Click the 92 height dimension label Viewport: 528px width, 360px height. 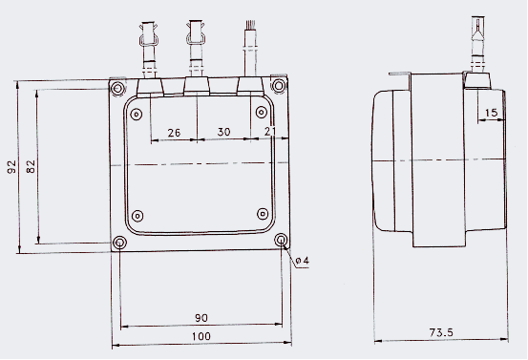[11, 167]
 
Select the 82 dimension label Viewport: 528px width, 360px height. [31, 166]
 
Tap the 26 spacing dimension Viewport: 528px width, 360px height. [174, 133]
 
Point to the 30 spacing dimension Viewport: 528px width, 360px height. [224, 132]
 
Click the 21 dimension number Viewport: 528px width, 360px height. [270, 131]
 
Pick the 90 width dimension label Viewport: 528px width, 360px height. [201, 318]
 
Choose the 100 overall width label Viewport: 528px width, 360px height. [201, 336]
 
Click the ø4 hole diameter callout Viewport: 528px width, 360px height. [302, 261]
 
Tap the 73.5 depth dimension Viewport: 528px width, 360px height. [441, 332]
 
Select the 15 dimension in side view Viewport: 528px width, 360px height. [492, 113]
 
